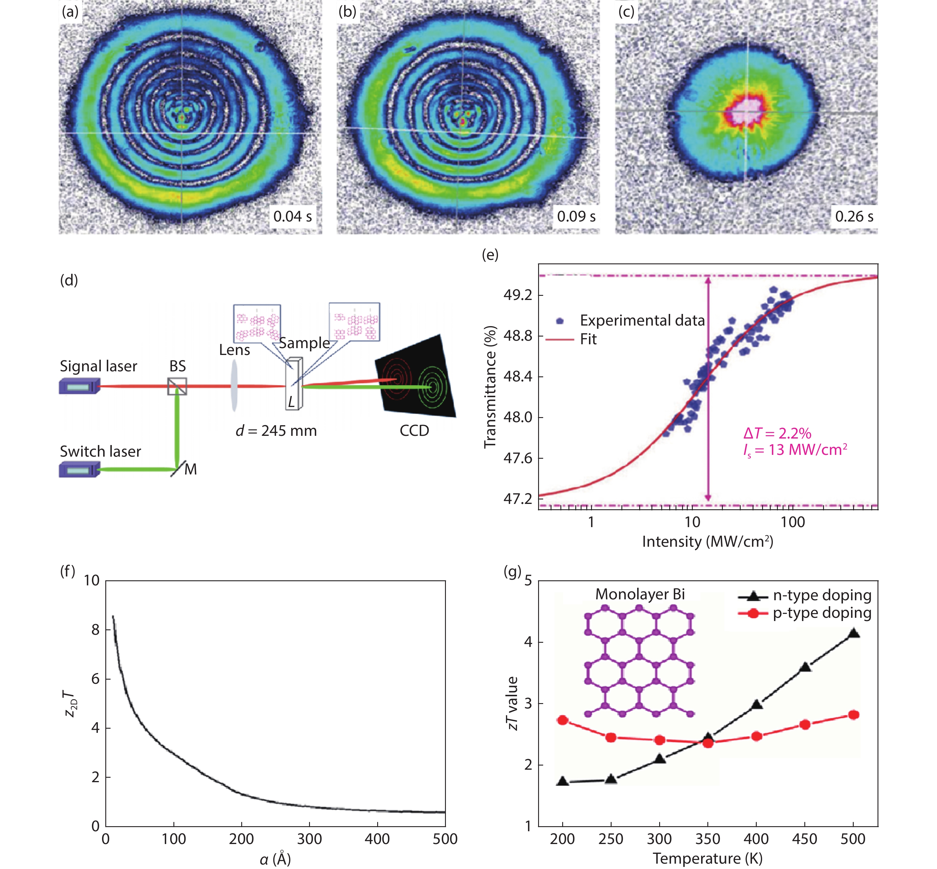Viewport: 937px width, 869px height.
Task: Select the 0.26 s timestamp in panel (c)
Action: coord(854,216)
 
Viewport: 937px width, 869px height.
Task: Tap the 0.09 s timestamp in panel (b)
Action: coord(576,216)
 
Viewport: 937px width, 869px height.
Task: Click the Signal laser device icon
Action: coord(79,386)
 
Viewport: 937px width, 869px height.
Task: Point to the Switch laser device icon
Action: coord(79,469)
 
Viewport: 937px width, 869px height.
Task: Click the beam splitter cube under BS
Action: coord(177,386)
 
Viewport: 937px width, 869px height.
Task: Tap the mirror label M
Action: coord(190,469)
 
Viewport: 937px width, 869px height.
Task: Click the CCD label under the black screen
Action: coord(414,431)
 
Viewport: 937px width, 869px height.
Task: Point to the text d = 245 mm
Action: coord(276,431)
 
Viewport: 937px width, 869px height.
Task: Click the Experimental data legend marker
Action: coord(560,321)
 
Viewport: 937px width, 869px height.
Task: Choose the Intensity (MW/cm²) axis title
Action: coord(707,542)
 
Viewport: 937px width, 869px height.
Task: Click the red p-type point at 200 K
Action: coord(562,720)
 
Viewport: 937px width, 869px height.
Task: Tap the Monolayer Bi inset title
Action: coord(640,594)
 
